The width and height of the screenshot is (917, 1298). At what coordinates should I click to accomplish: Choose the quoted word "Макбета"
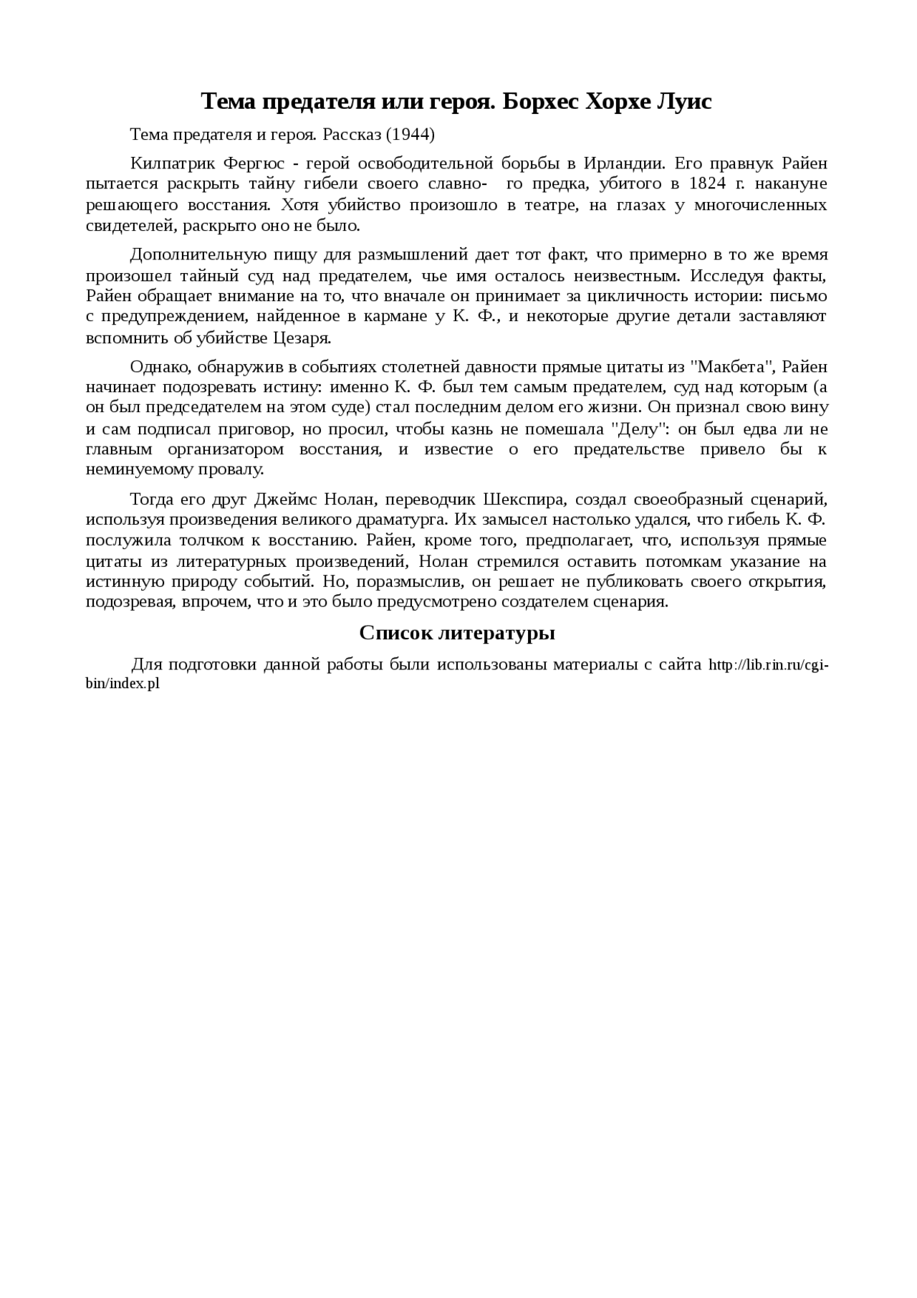coord(732,367)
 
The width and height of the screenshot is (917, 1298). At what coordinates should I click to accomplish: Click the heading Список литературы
coord(457,633)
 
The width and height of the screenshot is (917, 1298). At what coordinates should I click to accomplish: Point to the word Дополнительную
coord(188,254)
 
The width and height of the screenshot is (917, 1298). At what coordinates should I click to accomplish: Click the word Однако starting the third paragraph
coord(160,367)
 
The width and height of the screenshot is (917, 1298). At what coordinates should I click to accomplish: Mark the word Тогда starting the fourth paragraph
coord(151,499)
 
